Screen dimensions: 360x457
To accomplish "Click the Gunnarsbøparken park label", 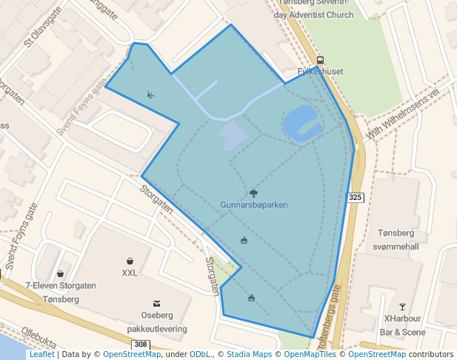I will pyautogui.click(x=254, y=204).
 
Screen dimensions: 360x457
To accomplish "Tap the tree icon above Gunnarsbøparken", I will pyautogui.click(x=254, y=193).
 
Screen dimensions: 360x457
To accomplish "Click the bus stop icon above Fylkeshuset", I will pyautogui.click(x=320, y=60).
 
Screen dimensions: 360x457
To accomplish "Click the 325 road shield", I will pyautogui.click(x=355, y=197).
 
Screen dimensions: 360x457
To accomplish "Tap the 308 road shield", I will pyautogui.click(x=141, y=344).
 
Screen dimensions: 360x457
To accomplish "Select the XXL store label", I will pyautogui.click(x=130, y=273).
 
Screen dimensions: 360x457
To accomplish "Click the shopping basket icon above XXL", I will pyautogui.click(x=130, y=261).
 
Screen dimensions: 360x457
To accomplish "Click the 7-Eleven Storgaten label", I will pyautogui.click(x=61, y=285).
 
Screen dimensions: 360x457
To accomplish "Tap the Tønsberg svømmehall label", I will pyautogui.click(x=398, y=239).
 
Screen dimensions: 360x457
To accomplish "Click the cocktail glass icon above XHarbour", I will pyautogui.click(x=402, y=307).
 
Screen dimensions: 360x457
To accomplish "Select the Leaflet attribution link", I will pyautogui.click(x=41, y=355).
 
